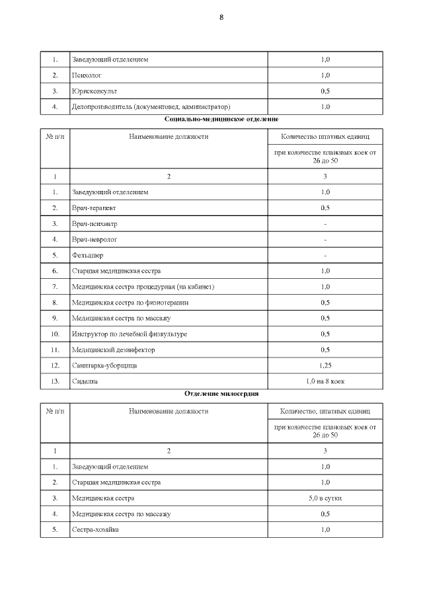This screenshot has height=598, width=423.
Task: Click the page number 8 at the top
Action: (221, 18)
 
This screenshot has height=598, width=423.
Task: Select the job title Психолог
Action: (86, 75)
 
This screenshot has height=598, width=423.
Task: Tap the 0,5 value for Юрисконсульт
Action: (325, 91)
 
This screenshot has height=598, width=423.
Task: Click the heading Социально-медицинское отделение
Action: (211, 119)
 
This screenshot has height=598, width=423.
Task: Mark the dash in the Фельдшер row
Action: (325, 255)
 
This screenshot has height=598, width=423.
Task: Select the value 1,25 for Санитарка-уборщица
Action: (325, 365)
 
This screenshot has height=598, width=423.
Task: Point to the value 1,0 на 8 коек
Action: (325, 381)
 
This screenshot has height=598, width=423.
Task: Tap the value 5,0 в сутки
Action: (325, 498)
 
